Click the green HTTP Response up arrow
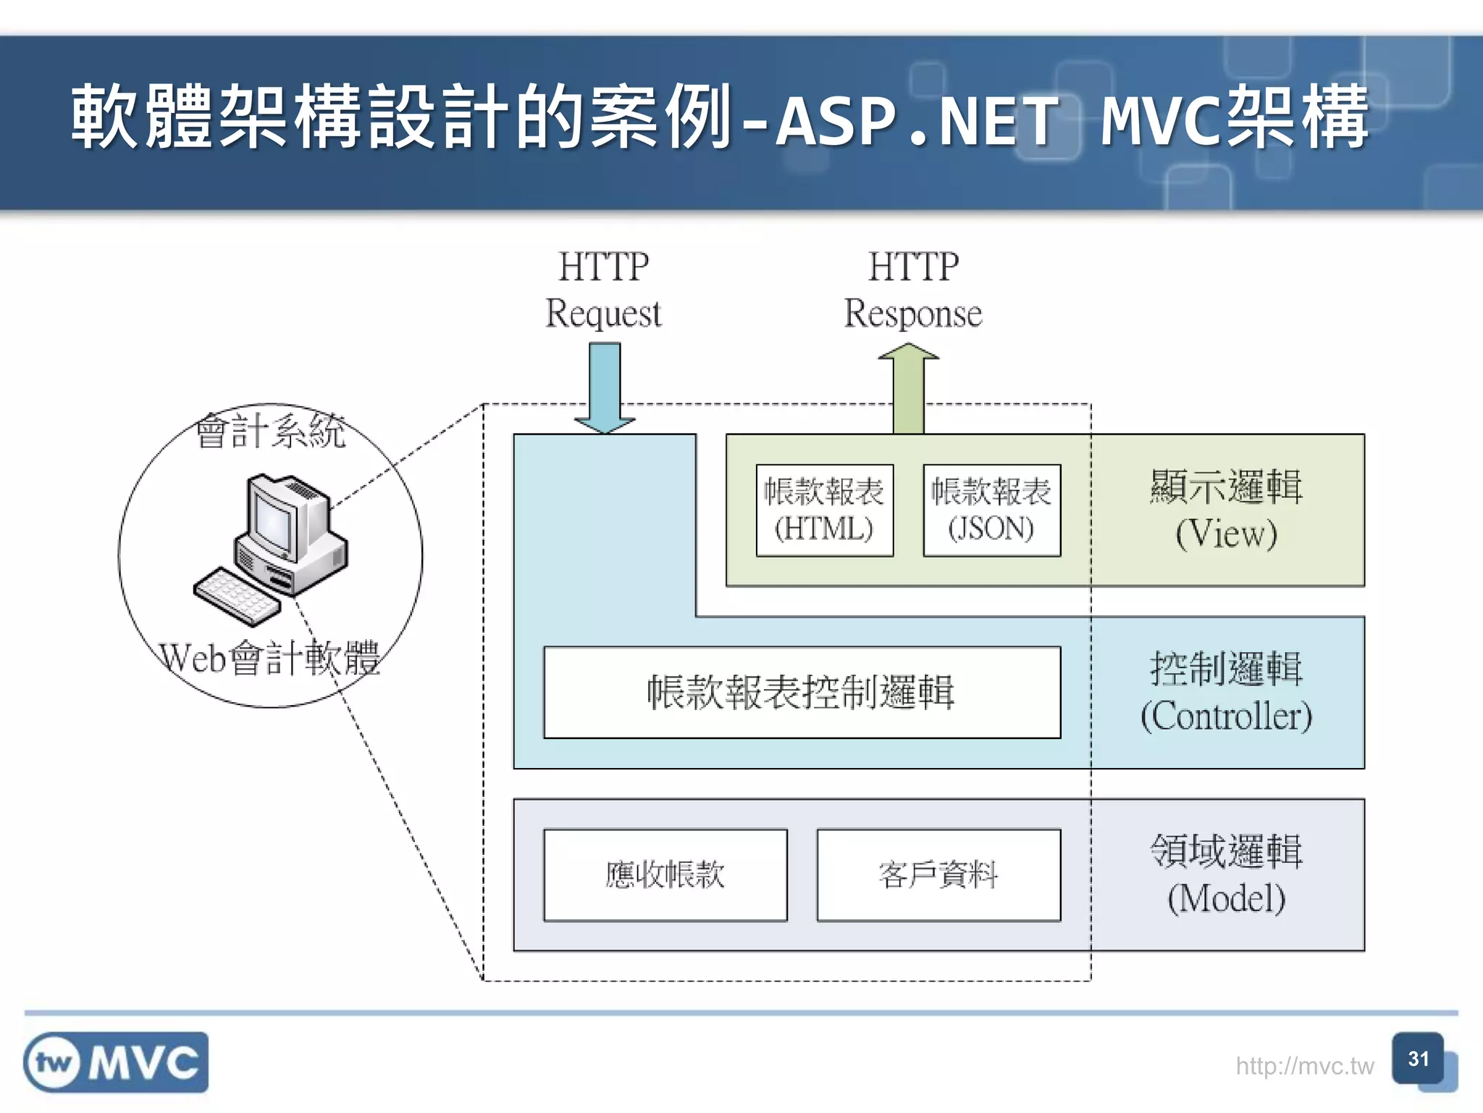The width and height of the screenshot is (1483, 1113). pyautogui.click(x=909, y=391)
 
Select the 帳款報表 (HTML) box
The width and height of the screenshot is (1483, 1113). pyautogui.click(x=824, y=511)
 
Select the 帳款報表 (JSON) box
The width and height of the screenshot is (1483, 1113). pyautogui.click(x=991, y=511)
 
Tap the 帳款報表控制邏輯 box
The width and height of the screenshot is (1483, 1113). pyautogui.click(x=802, y=692)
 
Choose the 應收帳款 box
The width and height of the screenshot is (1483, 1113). pyautogui.click(x=665, y=875)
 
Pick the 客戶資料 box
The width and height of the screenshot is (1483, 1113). pyautogui.click(x=938, y=875)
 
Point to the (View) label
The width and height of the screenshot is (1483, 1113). pyautogui.click(x=1226, y=535)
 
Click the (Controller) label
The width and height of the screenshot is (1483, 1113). pyautogui.click(x=1226, y=717)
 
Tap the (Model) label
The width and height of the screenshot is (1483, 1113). pyautogui.click(x=1226, y=899)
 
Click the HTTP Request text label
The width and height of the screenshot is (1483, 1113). pyautogui.click(x=603, y=290)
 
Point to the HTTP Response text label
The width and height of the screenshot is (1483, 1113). pyautogui.click(x=913, y=290)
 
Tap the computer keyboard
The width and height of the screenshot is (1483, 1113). pyautogui.click(x=236, y=596)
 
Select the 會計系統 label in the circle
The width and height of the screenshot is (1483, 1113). pyautogui.click(x=271, y=432)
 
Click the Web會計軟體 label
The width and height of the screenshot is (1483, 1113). pyautogui.click(x=269, y=659)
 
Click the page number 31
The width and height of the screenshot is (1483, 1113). pyautogui.click(x=1418, y=1059)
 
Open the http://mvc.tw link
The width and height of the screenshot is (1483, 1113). pyautogui.click(x=1304, y=1066)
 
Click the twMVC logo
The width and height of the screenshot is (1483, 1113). pyautogui.click(x=116, y=1062)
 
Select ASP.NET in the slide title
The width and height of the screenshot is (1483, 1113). pyautogui.click(x=916, y=120)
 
